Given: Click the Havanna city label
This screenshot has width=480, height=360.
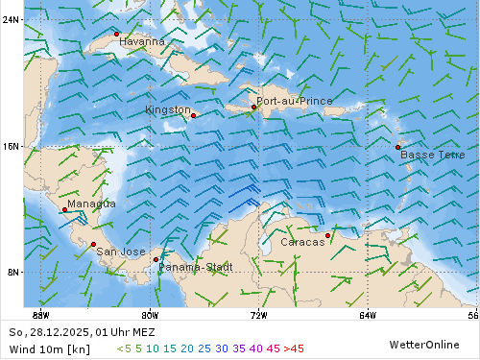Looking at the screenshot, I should (x=142, y=42).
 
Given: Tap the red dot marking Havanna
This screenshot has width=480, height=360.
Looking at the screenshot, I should (x=117, y=34).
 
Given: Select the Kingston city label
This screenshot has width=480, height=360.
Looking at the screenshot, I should (x=167, y=110).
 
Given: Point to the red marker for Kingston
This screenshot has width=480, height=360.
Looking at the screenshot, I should (x=193, y=115).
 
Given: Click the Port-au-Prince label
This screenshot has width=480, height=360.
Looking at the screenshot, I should (x=295, y=101).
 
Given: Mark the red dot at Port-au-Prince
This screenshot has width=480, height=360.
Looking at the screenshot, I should (x=254, y=107).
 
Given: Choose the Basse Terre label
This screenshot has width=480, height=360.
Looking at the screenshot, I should (x=432, y=155).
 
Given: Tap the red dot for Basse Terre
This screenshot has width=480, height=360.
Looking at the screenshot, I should (x=397, y=147).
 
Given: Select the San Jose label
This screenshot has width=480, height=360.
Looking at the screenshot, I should (x=120, y=252).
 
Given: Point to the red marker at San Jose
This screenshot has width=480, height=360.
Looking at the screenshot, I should (x=93, y=244).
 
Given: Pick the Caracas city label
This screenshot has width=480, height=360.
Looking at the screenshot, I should (x=302, y=242).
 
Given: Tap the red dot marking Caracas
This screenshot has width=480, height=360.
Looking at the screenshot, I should (x=327, y=235).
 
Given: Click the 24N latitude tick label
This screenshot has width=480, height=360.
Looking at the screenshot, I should (x=12, y=19).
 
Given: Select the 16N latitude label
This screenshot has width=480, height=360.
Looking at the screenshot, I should (x=12, y=146).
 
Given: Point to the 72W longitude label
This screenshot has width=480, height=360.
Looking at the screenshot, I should (x=258, y=314).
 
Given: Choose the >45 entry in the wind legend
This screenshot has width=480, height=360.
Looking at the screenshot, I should (x=293, y=348).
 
